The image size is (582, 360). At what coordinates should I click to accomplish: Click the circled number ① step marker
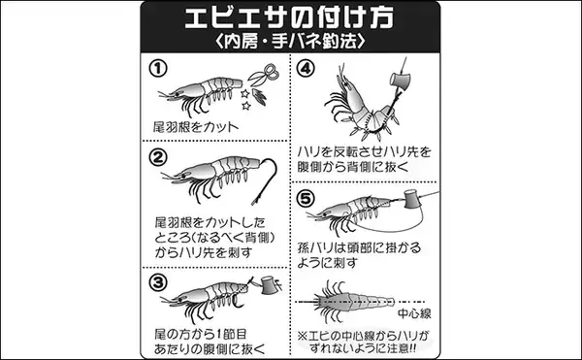[x=158, y=69]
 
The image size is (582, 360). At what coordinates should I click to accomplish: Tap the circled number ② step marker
[x=158, y=158]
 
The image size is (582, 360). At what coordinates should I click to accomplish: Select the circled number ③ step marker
[x=158, y=282]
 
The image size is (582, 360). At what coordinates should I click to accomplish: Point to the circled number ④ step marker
[x=306, y=68]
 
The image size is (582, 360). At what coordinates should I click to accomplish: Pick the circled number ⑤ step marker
[x=306, y=199]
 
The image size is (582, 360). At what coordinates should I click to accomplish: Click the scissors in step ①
[x=264, y=75]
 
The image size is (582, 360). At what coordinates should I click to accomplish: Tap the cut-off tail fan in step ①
[x=259, y=96]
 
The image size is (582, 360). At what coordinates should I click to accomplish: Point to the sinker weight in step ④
[x=400, y=81]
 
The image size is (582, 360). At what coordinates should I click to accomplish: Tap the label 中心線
[x=414, y=314]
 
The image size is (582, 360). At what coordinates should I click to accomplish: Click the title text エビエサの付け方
[x=289, y=17]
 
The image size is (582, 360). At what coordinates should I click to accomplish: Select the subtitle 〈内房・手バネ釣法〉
[x=290, y=41]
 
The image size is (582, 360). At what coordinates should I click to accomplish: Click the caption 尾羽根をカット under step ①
[x=196, y=127]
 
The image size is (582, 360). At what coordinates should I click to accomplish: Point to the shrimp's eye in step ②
[x=182, y=176]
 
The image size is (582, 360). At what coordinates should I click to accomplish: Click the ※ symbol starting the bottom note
[x=303, y=337]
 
